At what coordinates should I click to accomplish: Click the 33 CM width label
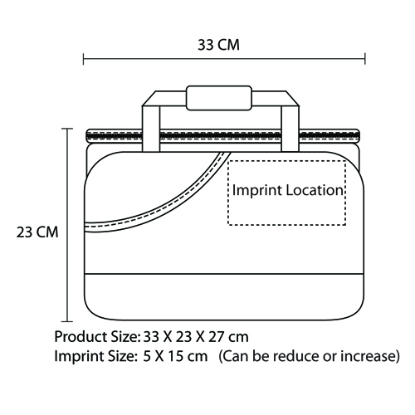[218, 45]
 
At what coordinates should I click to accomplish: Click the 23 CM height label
[37, 232]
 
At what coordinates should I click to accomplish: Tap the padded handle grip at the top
[219, 98]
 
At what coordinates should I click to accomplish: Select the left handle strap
[151, 129]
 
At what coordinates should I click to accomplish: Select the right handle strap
[290, 129]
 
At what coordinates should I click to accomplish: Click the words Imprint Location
[288, 190]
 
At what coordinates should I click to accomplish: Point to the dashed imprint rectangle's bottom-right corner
[345, 225]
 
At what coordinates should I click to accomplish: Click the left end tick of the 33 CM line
[84, 59]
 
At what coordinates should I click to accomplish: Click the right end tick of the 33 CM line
[365, 59]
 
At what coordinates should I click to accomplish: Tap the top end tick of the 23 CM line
[67, 129]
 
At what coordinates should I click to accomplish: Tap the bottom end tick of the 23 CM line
[67, 321]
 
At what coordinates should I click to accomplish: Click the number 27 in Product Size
[216, 337]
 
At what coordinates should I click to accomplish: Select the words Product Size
[95, 337]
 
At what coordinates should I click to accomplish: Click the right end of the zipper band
[359, 135]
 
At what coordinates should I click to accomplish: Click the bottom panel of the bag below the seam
[224, 297]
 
